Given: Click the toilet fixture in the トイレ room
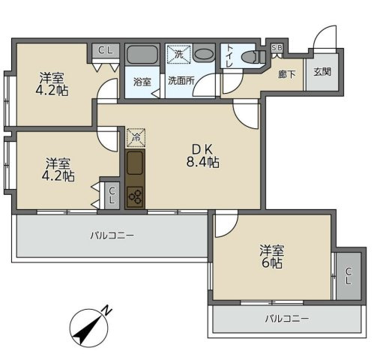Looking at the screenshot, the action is coord(253,57).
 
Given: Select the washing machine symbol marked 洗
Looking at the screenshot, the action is coord(179,54).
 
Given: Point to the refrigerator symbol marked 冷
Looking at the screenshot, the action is coord(136,137).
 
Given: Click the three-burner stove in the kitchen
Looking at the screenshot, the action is coord(135,196).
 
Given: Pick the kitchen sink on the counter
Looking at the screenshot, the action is coord(135,163).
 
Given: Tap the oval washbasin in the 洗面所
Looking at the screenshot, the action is coord(204,54).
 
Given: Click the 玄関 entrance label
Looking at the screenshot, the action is coord(322,72).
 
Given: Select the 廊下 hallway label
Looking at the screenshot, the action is coord(287,74).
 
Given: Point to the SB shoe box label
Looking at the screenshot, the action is coord(277,47).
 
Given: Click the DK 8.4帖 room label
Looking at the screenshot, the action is coord(202,156).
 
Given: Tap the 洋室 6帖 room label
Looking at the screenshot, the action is coord(271,256).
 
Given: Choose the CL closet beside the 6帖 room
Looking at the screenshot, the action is coord(349,276).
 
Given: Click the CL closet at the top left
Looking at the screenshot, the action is coord(105,50).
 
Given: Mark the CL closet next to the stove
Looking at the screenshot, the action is coord(112,195).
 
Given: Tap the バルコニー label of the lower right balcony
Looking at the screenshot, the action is coord(287,319).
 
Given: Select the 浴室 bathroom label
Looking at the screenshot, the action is coord(142,82).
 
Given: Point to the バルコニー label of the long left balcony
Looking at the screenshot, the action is coord(112,235).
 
